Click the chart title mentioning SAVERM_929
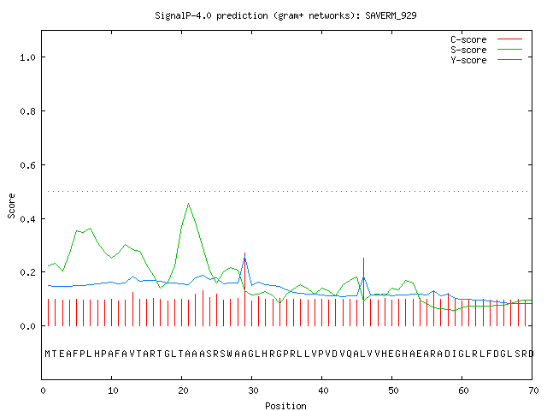tap(285, 15)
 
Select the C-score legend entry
tap(486, 39)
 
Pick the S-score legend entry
tap(486, 50)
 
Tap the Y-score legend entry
tap(486, 60)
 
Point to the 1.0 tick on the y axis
tap(27, 57)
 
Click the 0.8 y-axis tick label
tap(27, 111)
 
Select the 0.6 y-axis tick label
tap(27, 165)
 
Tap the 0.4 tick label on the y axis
tap(27, 219)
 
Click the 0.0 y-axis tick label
tap(27, 326)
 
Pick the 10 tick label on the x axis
tap(113, 390)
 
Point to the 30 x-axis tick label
tap(253, 390)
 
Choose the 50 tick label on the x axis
tap(393, 390)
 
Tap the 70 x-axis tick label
tap(533, 390)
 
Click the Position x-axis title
tap(285, 406)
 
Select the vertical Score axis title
tap(11, 205)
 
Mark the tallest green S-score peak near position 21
tap(188, 203)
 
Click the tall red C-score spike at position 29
tap(245, 289)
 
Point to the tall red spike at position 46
tap(363, 292)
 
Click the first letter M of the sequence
tap(48, 354)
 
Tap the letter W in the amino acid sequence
tap(230, 354)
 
